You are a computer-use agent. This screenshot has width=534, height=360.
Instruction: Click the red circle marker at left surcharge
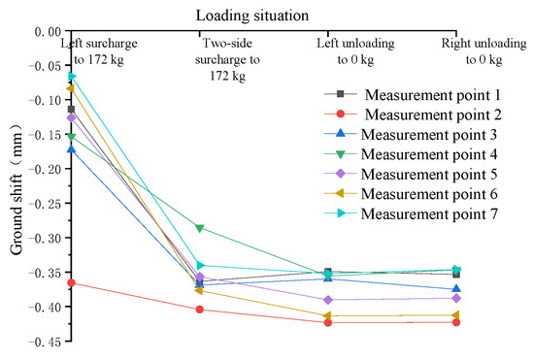(x=70, y=282)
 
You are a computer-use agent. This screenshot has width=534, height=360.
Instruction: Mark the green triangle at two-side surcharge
(x=199, y=228)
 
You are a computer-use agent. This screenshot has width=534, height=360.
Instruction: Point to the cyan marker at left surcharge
(x=71, y=76)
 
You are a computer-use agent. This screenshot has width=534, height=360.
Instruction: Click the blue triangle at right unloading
(x=457, y=289)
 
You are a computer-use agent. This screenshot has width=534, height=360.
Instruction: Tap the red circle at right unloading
(x=457, y=321)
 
